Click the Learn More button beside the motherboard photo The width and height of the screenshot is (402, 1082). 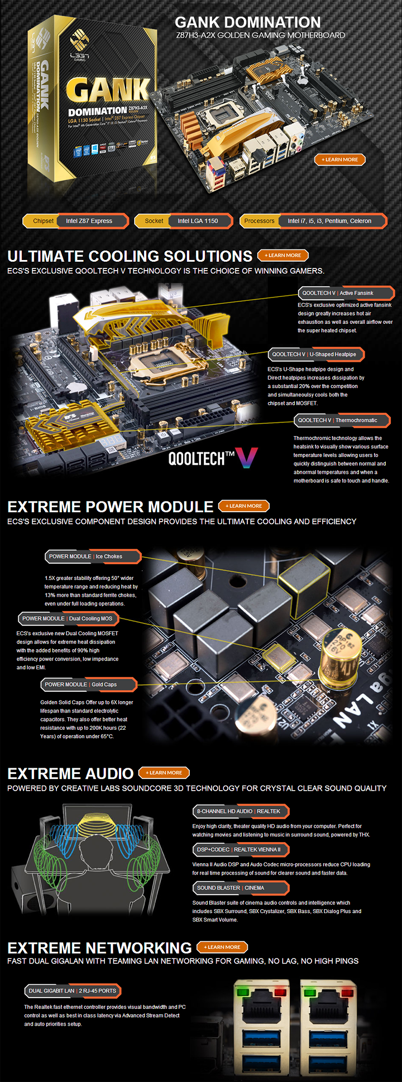(x=339, y=159)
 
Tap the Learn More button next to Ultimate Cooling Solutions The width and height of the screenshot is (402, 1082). (x=283, y=256)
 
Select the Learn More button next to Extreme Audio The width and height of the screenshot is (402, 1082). (x=164, y=773)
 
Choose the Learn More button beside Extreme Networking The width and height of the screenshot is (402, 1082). (x=222, y=947)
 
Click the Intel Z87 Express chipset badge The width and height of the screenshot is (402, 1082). (x=76, y=221)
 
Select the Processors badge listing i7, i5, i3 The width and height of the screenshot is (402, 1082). (x=313, y=221)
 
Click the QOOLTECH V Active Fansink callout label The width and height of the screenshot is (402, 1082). (x=346, y=293)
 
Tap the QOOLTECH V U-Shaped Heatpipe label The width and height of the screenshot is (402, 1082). (x=316, y=355)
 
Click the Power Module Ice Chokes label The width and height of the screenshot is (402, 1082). (x=93, y=556)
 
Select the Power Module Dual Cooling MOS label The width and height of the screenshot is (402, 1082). (x=68, y=618)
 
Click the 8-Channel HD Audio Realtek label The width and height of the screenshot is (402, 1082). (x=240, y=811)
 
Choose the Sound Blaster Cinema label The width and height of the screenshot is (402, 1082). (x=240, y=888)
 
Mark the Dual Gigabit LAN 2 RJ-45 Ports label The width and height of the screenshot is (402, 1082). (x=73, y=991)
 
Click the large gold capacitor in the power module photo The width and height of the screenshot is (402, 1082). (x=339, y=651)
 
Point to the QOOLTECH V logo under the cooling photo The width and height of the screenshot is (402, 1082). (x=213, y=458)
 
